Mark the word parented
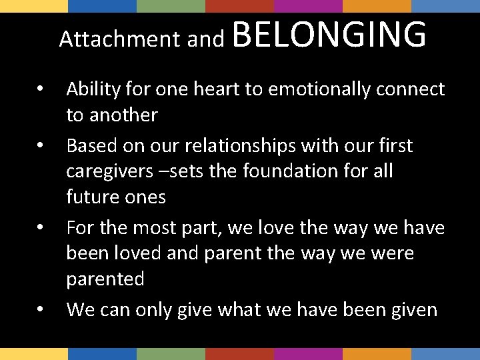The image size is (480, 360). pyautogui.click(x=105, y=279)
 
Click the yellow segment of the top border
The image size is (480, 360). pyautogui.click(x=34, y=6)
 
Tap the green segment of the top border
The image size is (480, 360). pyautogui.click(x=171, y=6)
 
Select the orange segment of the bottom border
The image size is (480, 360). pyautogui.click(x=376, y=354)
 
